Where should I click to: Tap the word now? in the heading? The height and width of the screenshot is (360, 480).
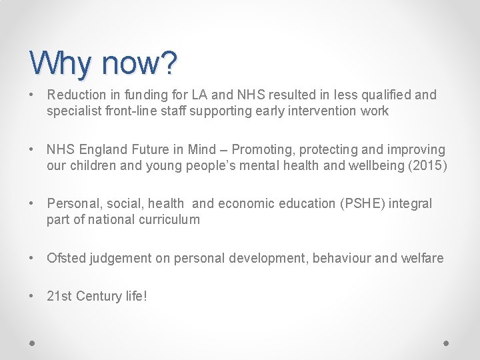[140, 63]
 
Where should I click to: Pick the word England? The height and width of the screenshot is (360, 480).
[103, 150]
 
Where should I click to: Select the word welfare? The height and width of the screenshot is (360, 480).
[421, 258]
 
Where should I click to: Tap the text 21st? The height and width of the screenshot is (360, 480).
[59, 296]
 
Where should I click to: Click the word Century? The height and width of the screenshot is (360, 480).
[99, 296]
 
